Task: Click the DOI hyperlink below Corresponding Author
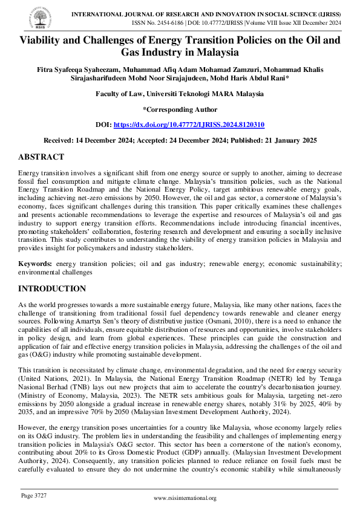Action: tap(189, 123)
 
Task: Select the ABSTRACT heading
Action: tap(41, 157)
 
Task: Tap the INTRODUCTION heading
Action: tap(52, 288)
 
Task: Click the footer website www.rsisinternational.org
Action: tap(185, 498)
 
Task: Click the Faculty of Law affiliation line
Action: tap(180, 94)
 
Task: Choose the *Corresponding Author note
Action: tap(180, 109)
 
